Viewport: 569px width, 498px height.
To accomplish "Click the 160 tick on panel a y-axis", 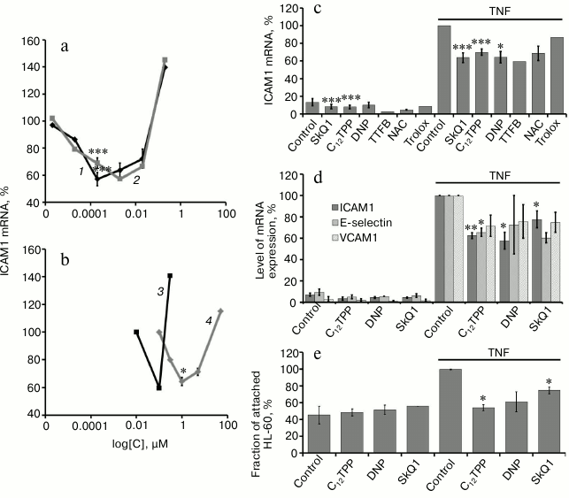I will pos(29,42).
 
